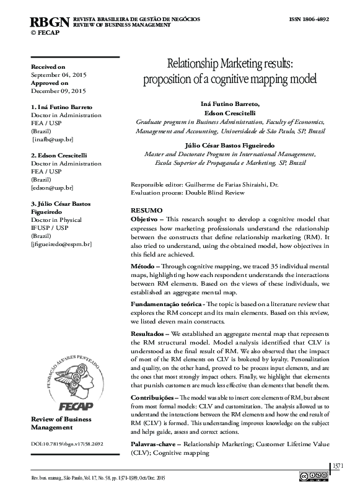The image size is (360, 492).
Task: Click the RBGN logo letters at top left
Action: point(50,22)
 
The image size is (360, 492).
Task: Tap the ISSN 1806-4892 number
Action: point(314,20)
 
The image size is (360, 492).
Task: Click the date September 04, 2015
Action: point(59,74)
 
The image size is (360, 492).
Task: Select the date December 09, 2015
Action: point(58,90)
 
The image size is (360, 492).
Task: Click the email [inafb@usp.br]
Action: point(53,139)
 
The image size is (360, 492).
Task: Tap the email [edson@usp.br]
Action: point(52,188)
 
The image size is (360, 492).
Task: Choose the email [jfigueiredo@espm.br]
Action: point(61,245)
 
